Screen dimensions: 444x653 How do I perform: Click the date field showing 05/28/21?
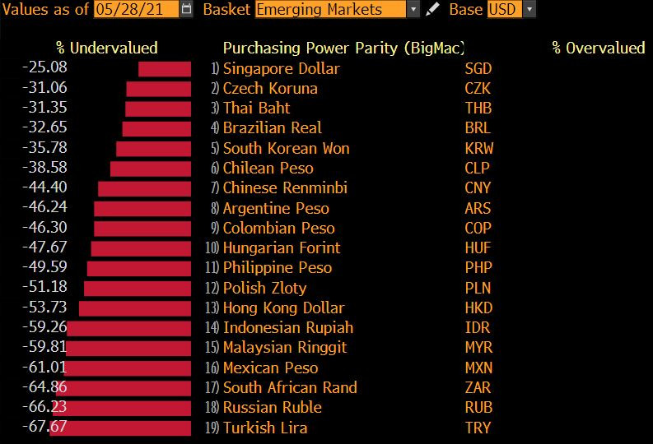pos(135,10)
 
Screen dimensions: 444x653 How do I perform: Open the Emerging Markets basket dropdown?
pos(338,10)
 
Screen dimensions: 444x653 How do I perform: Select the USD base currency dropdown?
pos(511,10)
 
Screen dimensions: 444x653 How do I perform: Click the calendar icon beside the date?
pos(186,10)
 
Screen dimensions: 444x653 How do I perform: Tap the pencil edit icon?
pos(434,10)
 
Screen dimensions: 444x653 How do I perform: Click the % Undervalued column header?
pos(106,48)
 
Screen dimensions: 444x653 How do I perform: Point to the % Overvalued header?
pos(599,48)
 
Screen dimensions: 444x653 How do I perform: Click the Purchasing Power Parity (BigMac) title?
pos(343,48)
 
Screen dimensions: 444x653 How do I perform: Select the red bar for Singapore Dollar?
pos(165,68)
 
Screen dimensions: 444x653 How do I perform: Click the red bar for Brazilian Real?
pos(156,128)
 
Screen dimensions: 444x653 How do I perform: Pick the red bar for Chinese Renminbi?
pos(144,188)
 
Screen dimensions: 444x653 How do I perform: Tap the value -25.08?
pos(46,68)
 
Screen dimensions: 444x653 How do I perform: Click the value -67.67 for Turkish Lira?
pos(46,428)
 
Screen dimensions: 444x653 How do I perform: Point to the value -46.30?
pos(46,228)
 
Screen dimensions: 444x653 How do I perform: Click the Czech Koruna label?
pos(270,88)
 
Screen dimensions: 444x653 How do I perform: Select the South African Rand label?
pos(290,387)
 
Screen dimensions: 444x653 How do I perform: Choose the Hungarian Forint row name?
pos(282,247)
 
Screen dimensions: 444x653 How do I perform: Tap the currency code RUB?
pos(478,408)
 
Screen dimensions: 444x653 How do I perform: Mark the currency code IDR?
pos(478,327)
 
